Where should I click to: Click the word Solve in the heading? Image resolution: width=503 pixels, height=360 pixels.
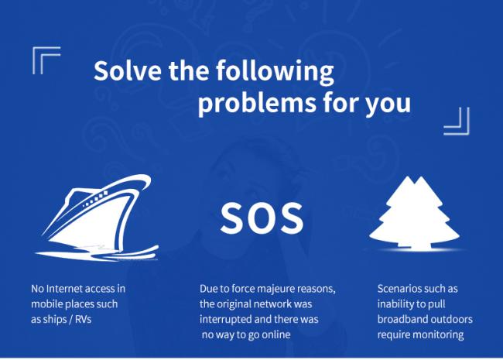point(128,70)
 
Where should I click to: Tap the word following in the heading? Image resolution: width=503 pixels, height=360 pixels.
point(275,72)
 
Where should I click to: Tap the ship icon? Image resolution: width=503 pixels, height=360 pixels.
point(97,218)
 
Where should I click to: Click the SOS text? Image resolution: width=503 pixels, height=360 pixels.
point(262,218)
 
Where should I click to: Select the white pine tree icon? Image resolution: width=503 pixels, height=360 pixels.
point(415,213)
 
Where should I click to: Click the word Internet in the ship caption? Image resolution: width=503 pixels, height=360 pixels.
point(65,289)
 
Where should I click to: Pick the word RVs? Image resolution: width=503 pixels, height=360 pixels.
point(84,319)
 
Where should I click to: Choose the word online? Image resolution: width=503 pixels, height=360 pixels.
point(276,334)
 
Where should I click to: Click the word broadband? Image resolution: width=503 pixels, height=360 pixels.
point(402,319)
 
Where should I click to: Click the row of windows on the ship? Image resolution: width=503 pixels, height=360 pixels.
point(95,199)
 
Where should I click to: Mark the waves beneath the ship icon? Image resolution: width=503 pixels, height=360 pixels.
point(97,253)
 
